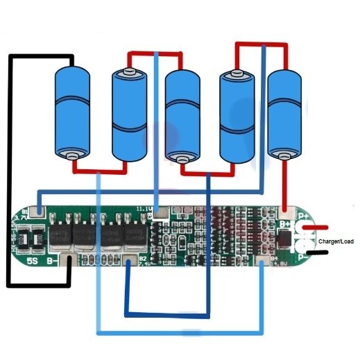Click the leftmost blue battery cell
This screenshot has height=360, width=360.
tap(74, 111)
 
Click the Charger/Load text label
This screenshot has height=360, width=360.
tap(336, 241)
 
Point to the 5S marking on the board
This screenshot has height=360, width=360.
tap(33, 262)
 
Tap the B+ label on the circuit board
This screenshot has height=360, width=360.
tap(285, 223)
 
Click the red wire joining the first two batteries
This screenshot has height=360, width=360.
tap(101, 169)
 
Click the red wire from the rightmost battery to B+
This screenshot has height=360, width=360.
tap(283, 184)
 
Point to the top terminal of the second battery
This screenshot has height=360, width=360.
tap(128, 71)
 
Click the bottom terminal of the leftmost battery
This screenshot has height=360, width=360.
tap(73, 155)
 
